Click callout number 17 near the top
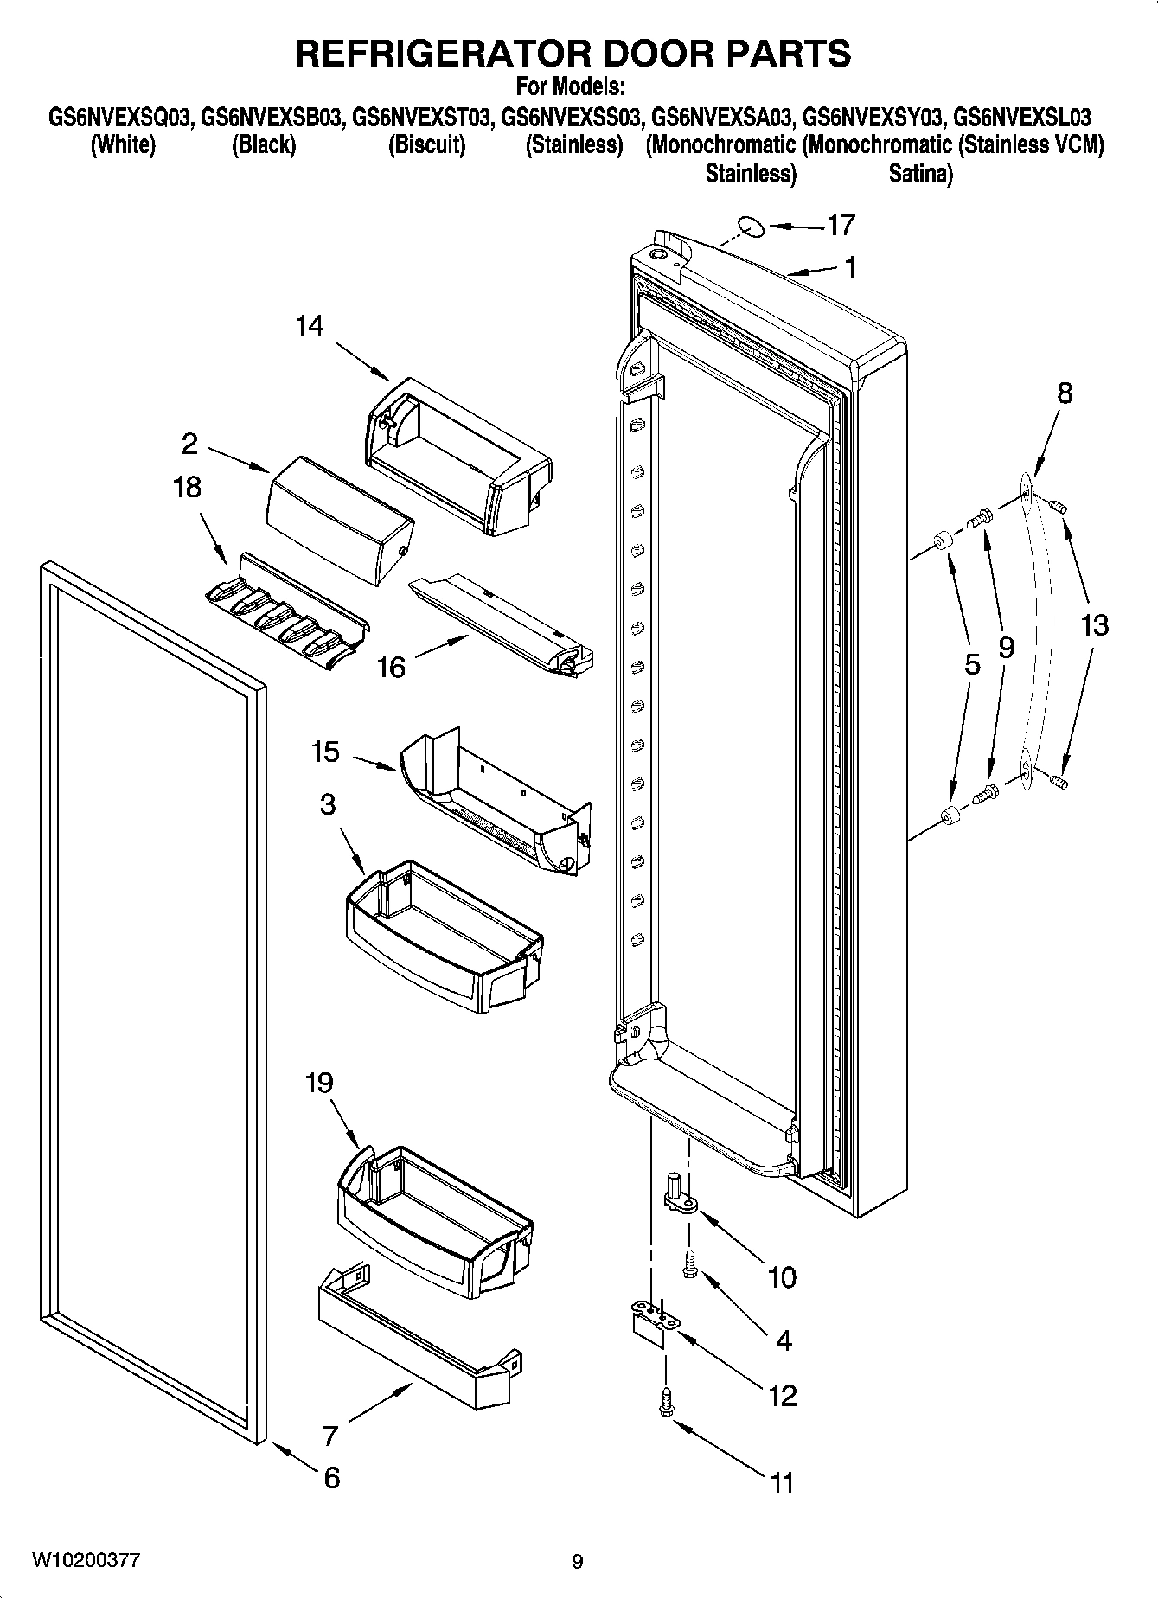(x=841, y=226)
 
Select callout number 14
(x=309, y=326)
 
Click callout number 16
(x=391, y=667)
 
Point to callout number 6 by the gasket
(x=332, y=1477)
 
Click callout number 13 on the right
(x=1094, y=624)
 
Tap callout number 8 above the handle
(x=1065, y=393)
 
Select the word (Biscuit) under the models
(x=426, y=145)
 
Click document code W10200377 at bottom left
(x=86, y=1560)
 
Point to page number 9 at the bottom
(x=577, y=1562)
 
